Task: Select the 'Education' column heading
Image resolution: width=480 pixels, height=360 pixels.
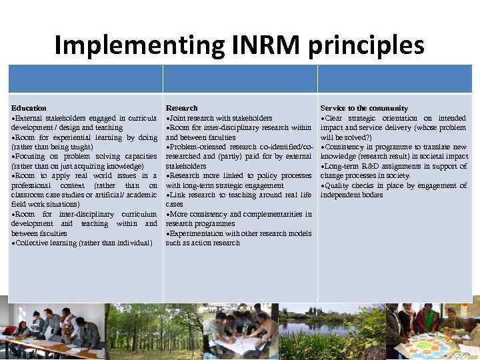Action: tap(29, 108)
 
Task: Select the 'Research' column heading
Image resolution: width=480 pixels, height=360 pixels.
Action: tap(181, 108)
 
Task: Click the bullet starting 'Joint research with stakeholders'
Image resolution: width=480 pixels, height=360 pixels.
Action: tap(220, 118)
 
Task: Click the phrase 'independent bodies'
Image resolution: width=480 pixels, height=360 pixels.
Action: tap(351, 195)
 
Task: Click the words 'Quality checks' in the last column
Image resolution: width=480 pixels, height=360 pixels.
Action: tap(350, 185)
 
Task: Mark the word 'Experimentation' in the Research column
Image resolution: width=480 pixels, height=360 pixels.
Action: tap(196, 234)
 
